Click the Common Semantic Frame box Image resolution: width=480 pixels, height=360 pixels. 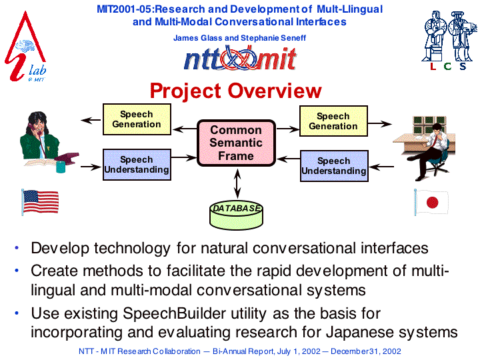pyautogui.click(x=236, y=143)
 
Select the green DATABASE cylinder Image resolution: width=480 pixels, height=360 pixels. pyautogui.click(x=236, y=215)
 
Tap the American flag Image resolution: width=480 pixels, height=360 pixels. pyautogui.click(x=40, y=202)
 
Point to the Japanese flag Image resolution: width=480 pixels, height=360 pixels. pyautogui.click(x=431, y=202)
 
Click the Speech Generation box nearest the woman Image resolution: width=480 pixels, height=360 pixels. pyautogui.click(x=137, y=119)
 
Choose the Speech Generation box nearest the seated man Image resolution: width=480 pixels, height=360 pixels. pyautogui.click(x=333, y=121)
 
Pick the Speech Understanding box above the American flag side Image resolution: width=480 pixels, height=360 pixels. pyautogui.click(x=137, y=165)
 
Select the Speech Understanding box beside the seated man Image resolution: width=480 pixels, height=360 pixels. pyautogui.click(x=334, y=166)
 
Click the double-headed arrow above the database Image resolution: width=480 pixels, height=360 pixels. pyautogui.click(x=237, y=184)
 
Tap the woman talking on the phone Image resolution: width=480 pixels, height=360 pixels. pyautogui.click(x=46, y=139)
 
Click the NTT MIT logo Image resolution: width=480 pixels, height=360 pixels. pyautogui.click(x=240, y=58)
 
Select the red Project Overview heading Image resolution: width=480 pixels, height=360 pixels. pyautogui.click(x=236, y=91)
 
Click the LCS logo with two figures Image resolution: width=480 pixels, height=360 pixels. pyautogui.click(x=449, y=40)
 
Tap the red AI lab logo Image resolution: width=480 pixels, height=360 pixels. pyautogui.click(x=25, y=47)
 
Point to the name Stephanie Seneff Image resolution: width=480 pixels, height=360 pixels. pyautogui.click(x=273, y=38)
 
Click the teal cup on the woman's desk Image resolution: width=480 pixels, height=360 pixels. pyautogui.click(x=61, y=167)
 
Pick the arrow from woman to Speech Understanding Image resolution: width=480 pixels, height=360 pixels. pyautogui.click(x=91, y=167)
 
